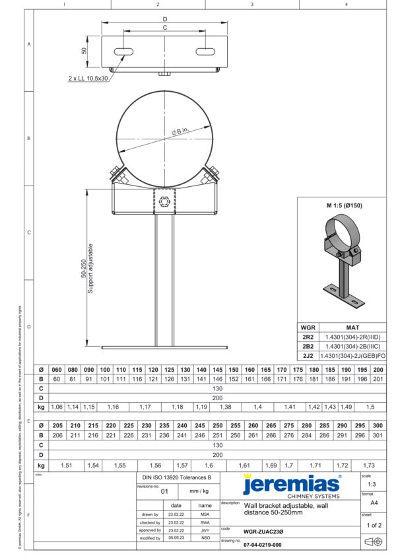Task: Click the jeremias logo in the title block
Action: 292,485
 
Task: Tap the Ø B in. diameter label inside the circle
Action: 181,132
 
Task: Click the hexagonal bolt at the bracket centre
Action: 164,199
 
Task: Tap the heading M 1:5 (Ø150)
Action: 344,205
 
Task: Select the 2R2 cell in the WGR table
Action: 308,336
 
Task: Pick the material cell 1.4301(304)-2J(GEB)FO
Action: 352,355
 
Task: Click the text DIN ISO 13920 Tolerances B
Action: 177,477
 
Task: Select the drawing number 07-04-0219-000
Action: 262,545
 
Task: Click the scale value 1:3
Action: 374,485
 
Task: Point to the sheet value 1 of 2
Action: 374,525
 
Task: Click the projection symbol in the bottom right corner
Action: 374,542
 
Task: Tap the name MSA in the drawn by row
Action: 205,512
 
